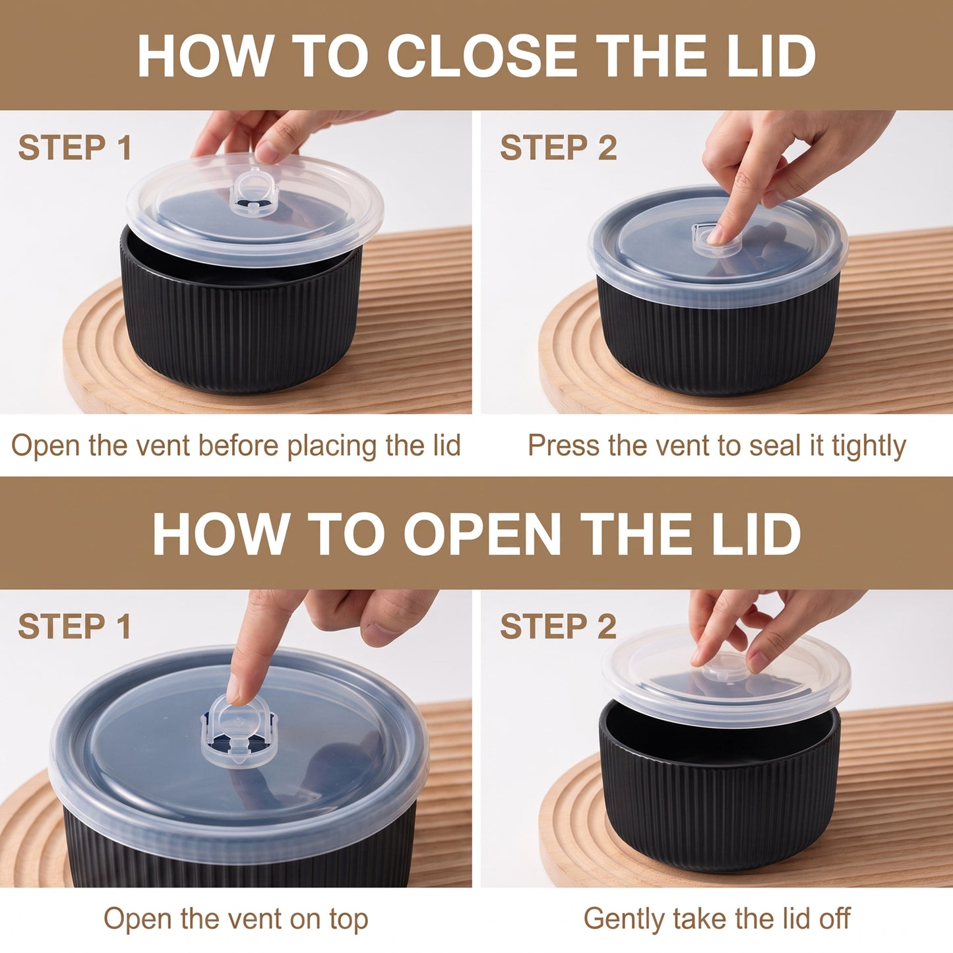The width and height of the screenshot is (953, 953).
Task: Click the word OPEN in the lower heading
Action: pos(483,534)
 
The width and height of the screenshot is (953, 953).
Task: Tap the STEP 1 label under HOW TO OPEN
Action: pos(74,626)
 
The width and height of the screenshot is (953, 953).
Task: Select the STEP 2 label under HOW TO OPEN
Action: pos(559,626)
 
